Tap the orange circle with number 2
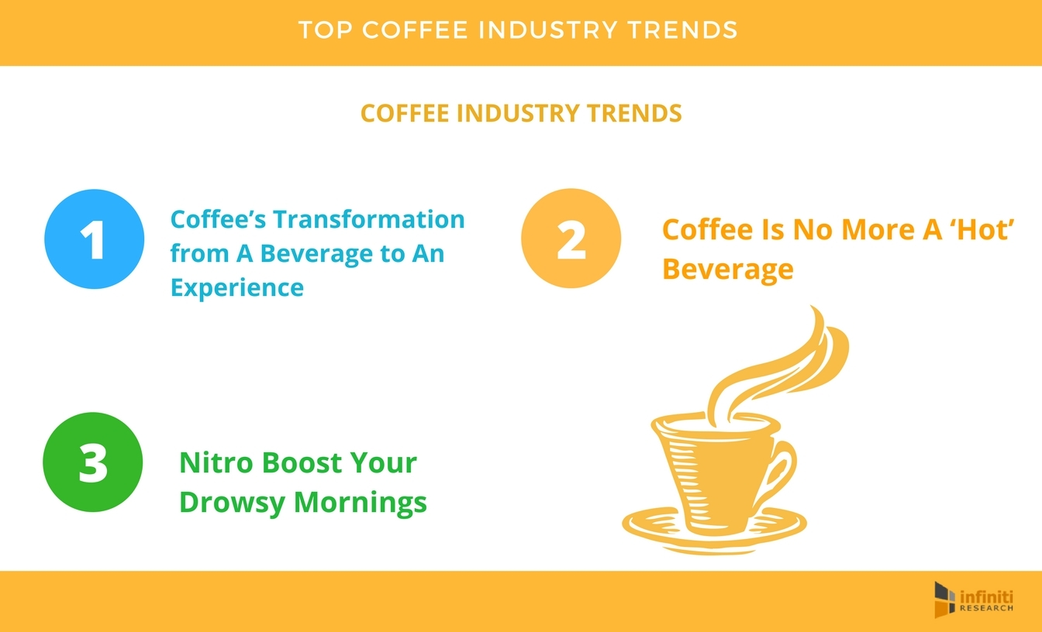571,239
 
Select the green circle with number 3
92,462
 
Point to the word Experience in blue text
236,288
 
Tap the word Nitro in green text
216,463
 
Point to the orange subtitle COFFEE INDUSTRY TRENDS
521,113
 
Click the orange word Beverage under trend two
728,269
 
